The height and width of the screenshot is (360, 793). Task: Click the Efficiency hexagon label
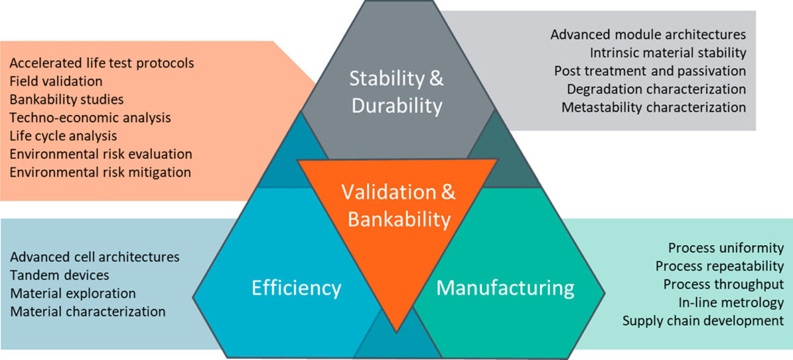[x=296, y=288]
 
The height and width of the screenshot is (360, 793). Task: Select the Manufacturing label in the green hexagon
[x=505, y=288]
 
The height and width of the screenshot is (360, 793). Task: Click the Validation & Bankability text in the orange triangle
[x=397, y=205]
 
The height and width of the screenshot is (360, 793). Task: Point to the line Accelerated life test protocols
[x=102, y=64]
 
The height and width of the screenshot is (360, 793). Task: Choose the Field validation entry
[x=56, y=82]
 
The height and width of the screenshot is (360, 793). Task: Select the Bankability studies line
[x=67, y=100]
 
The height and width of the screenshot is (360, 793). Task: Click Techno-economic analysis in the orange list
[x=91, y=118]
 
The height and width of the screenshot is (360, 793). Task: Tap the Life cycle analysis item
[x=63, y=136]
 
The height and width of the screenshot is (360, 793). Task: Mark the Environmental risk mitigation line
[x=100, y=172]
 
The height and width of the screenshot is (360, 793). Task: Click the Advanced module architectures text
[x=648, y=34]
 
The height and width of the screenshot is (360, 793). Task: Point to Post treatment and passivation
[x=650, y=71]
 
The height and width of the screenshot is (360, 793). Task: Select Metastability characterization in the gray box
[x=654, y=107]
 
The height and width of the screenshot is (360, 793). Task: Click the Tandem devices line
[x=60, y=275]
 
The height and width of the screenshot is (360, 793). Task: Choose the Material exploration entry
[x=73, y=293]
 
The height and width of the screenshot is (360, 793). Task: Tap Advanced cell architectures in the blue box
[x=95, y=256]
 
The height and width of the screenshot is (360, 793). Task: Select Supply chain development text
[x=703, y=321]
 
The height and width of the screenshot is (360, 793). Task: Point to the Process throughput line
[x=720, y=285]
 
